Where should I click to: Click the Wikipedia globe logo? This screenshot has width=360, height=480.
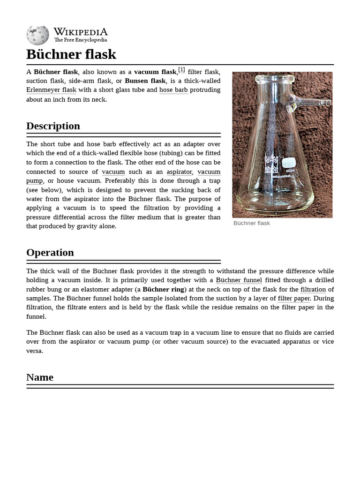pyautogui.click(x=37, y=35)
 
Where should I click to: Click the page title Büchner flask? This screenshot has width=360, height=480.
pyautogui.click(x=71, y=54)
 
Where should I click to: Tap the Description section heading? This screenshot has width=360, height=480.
pyautogui.click(x=53, y=126)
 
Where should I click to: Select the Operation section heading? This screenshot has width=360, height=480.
pyautogui.click(x=50, y=253)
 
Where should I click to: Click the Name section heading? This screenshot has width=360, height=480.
pyautogui.click(x=40, y=377)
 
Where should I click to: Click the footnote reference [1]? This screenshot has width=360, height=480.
pyautogui.click(x=181, y=70)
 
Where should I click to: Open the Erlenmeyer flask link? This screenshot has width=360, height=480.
pyautogui.click(x=51, y=90)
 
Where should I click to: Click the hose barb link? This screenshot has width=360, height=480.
pyautogui.click(x=173, y=90)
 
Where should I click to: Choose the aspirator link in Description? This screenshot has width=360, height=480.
pyautogui.click(x=180, y=172)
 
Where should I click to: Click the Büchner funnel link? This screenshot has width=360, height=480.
pyautogui.click(x=239, y=280)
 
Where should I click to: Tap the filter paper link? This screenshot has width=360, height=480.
pyautogui.click(x=294, y=299)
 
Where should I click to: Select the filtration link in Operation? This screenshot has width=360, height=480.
pyautogui.click(x=313, y=290)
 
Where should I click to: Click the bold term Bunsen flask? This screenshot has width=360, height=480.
pyautogui.click(x=145, y=81)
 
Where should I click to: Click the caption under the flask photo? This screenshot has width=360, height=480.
pyautogui.click(x=252, y=223)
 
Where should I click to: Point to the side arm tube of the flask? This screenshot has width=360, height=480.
pyautogui.click(x=312, y=101)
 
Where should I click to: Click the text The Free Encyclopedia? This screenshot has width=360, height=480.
pyautogui.click(x=81, y=40)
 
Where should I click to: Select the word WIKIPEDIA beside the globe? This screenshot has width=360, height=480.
pyautogui.click(x=81, y=32)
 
